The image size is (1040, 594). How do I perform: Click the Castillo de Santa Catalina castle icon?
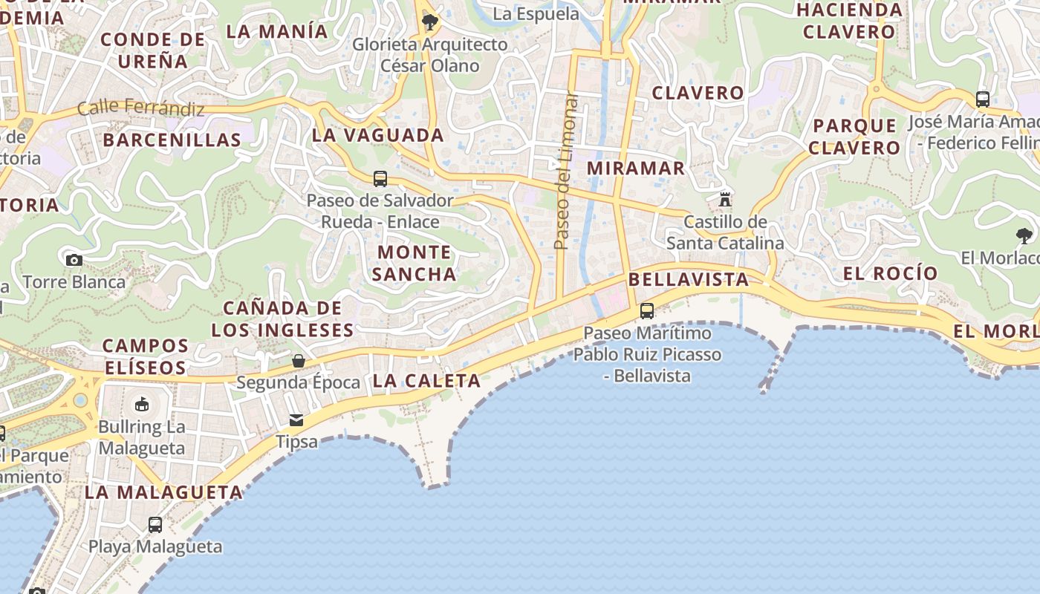click(724, 199)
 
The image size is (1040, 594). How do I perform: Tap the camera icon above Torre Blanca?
click(74, 260)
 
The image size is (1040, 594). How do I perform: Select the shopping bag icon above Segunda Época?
click(298, 361)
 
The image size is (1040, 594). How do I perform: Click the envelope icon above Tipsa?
click(296, 420)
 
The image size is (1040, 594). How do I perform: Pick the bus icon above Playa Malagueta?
click(155, 524)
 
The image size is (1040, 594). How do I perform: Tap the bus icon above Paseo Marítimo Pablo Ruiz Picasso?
click(647, 311)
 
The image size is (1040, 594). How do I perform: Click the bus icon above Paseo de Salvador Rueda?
click(380, 179)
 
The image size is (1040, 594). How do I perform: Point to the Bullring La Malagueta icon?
click(142, 405)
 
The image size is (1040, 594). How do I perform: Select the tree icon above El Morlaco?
click(1024, 237)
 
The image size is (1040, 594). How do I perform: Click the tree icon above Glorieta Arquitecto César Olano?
click(429, 22)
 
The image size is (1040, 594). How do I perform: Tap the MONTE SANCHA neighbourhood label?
click(414, 263)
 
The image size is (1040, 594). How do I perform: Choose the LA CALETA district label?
click(426, 381)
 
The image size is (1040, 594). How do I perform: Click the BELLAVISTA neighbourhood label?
click(689, 279)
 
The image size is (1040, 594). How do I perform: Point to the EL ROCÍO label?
click(891, 273)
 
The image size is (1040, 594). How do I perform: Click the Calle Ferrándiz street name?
click(140, 108)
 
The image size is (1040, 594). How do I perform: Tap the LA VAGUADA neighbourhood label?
click(377, 135)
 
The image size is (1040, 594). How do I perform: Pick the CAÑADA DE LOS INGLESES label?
click(282, 319)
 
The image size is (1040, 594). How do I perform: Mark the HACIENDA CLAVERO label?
click(849, 21)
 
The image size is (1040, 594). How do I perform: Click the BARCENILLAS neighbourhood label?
click(172, 140)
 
